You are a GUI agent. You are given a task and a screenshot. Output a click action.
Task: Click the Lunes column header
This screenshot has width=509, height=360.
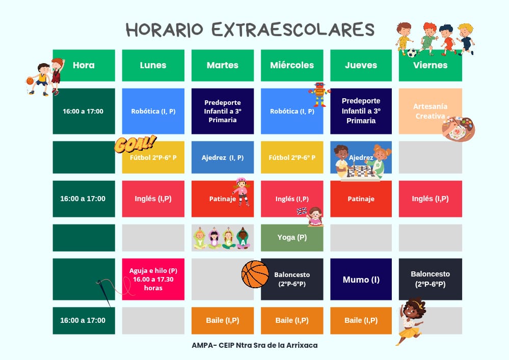click(x=153, y=65)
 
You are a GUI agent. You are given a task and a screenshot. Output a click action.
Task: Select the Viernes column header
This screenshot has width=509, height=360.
click(x=430, y=65)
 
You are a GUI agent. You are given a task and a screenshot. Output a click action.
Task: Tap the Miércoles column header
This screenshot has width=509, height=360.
click(x=291, y=65)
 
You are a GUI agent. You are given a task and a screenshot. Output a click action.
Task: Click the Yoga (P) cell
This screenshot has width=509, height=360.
click(x=291, y=237)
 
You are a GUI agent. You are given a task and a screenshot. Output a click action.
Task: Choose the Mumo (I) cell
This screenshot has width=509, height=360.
click(x=361, y=280)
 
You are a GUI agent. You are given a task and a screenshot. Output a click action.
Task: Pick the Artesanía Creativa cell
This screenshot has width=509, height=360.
click(x=430, y=111)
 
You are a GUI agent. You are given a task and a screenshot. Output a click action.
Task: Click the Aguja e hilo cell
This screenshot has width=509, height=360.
click(x=153, y=279)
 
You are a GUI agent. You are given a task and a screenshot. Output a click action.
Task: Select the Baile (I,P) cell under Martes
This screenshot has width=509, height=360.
click(x=222, y=320)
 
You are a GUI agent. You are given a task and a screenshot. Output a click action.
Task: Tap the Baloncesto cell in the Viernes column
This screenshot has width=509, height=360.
click(x=430, y=279)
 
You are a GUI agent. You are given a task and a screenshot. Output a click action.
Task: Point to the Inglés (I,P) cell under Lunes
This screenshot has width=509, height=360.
click(x=153, y=199)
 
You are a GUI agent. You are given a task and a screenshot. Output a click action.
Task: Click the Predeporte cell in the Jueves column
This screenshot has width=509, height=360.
click(x=361, y=111)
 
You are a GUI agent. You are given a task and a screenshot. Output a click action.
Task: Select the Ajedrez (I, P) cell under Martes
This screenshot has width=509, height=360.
click(x=222, y=157)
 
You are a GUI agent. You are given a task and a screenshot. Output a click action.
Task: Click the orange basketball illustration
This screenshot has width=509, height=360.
click(x=255, y=274)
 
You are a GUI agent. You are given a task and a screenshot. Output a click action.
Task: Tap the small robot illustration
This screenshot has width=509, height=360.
click(x=319, y=94)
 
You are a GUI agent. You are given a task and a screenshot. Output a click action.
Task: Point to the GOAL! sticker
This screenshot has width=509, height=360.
click(x=135, y=144)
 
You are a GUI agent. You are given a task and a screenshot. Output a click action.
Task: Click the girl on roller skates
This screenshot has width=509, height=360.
click(x=241, y=191)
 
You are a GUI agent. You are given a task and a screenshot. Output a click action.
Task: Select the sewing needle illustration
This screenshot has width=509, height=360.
click(x=103, y=292)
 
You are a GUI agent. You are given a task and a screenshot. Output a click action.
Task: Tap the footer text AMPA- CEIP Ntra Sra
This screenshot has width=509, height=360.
click(x=255, y=345)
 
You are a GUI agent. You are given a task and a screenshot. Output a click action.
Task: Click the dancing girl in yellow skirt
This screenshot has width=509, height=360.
click(x=411, y=321)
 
